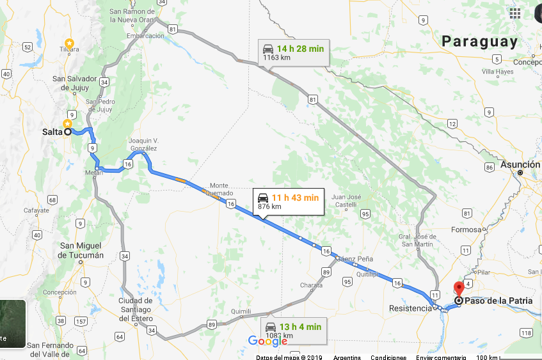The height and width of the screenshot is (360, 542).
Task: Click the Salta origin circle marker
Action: point(67,132)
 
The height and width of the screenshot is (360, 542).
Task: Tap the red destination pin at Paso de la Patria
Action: point(458,288)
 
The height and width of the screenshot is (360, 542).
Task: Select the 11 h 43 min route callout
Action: point(287,201)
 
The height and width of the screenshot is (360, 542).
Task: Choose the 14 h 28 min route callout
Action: point(294,52)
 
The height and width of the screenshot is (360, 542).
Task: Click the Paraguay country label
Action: point(479,42)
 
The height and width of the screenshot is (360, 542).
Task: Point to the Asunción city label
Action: point(520,164)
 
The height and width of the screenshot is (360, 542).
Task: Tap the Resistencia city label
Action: point(410,308)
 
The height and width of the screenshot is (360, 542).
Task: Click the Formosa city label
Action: point(465,230)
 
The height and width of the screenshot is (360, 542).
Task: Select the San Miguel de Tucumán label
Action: point(81,250)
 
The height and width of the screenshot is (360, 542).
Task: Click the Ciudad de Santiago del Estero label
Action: point(144,305)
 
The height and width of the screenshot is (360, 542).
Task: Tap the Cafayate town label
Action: point(36,210)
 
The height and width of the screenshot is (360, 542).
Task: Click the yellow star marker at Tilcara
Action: point(69,43)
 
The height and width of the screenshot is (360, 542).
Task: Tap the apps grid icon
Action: point(514,13)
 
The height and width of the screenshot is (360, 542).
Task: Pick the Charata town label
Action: point(312,285)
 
